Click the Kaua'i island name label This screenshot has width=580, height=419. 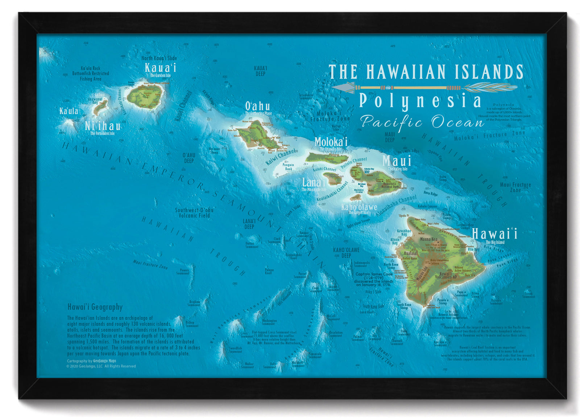(x=160, y=68)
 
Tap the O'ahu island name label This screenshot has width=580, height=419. (x=257, y=106)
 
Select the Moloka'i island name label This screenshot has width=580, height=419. (x=331, y=142)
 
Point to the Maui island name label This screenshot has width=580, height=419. (x=397, y=161)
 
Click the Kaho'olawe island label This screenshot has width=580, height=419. (x=359, y=207)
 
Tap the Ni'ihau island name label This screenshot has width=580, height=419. (x=103, y=126)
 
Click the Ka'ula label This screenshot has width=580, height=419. (x=69, y=111)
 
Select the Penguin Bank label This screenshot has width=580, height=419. (x=289, y=167)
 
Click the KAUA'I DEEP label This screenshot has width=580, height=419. (x=260, y=71)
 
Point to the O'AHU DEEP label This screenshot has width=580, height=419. (x=189, y=158)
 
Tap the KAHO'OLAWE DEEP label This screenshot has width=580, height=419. (x=346, y=253)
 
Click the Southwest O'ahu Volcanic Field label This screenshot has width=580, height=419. (x=194, y=213)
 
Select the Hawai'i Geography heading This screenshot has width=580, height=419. (x=95, y=307)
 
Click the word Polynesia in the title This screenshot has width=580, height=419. (x=420, y=101)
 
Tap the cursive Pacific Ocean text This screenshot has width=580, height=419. (x=422, y=122)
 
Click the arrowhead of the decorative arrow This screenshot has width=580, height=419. (x=344, y=88)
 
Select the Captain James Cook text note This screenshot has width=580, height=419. (x=373, y=280)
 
